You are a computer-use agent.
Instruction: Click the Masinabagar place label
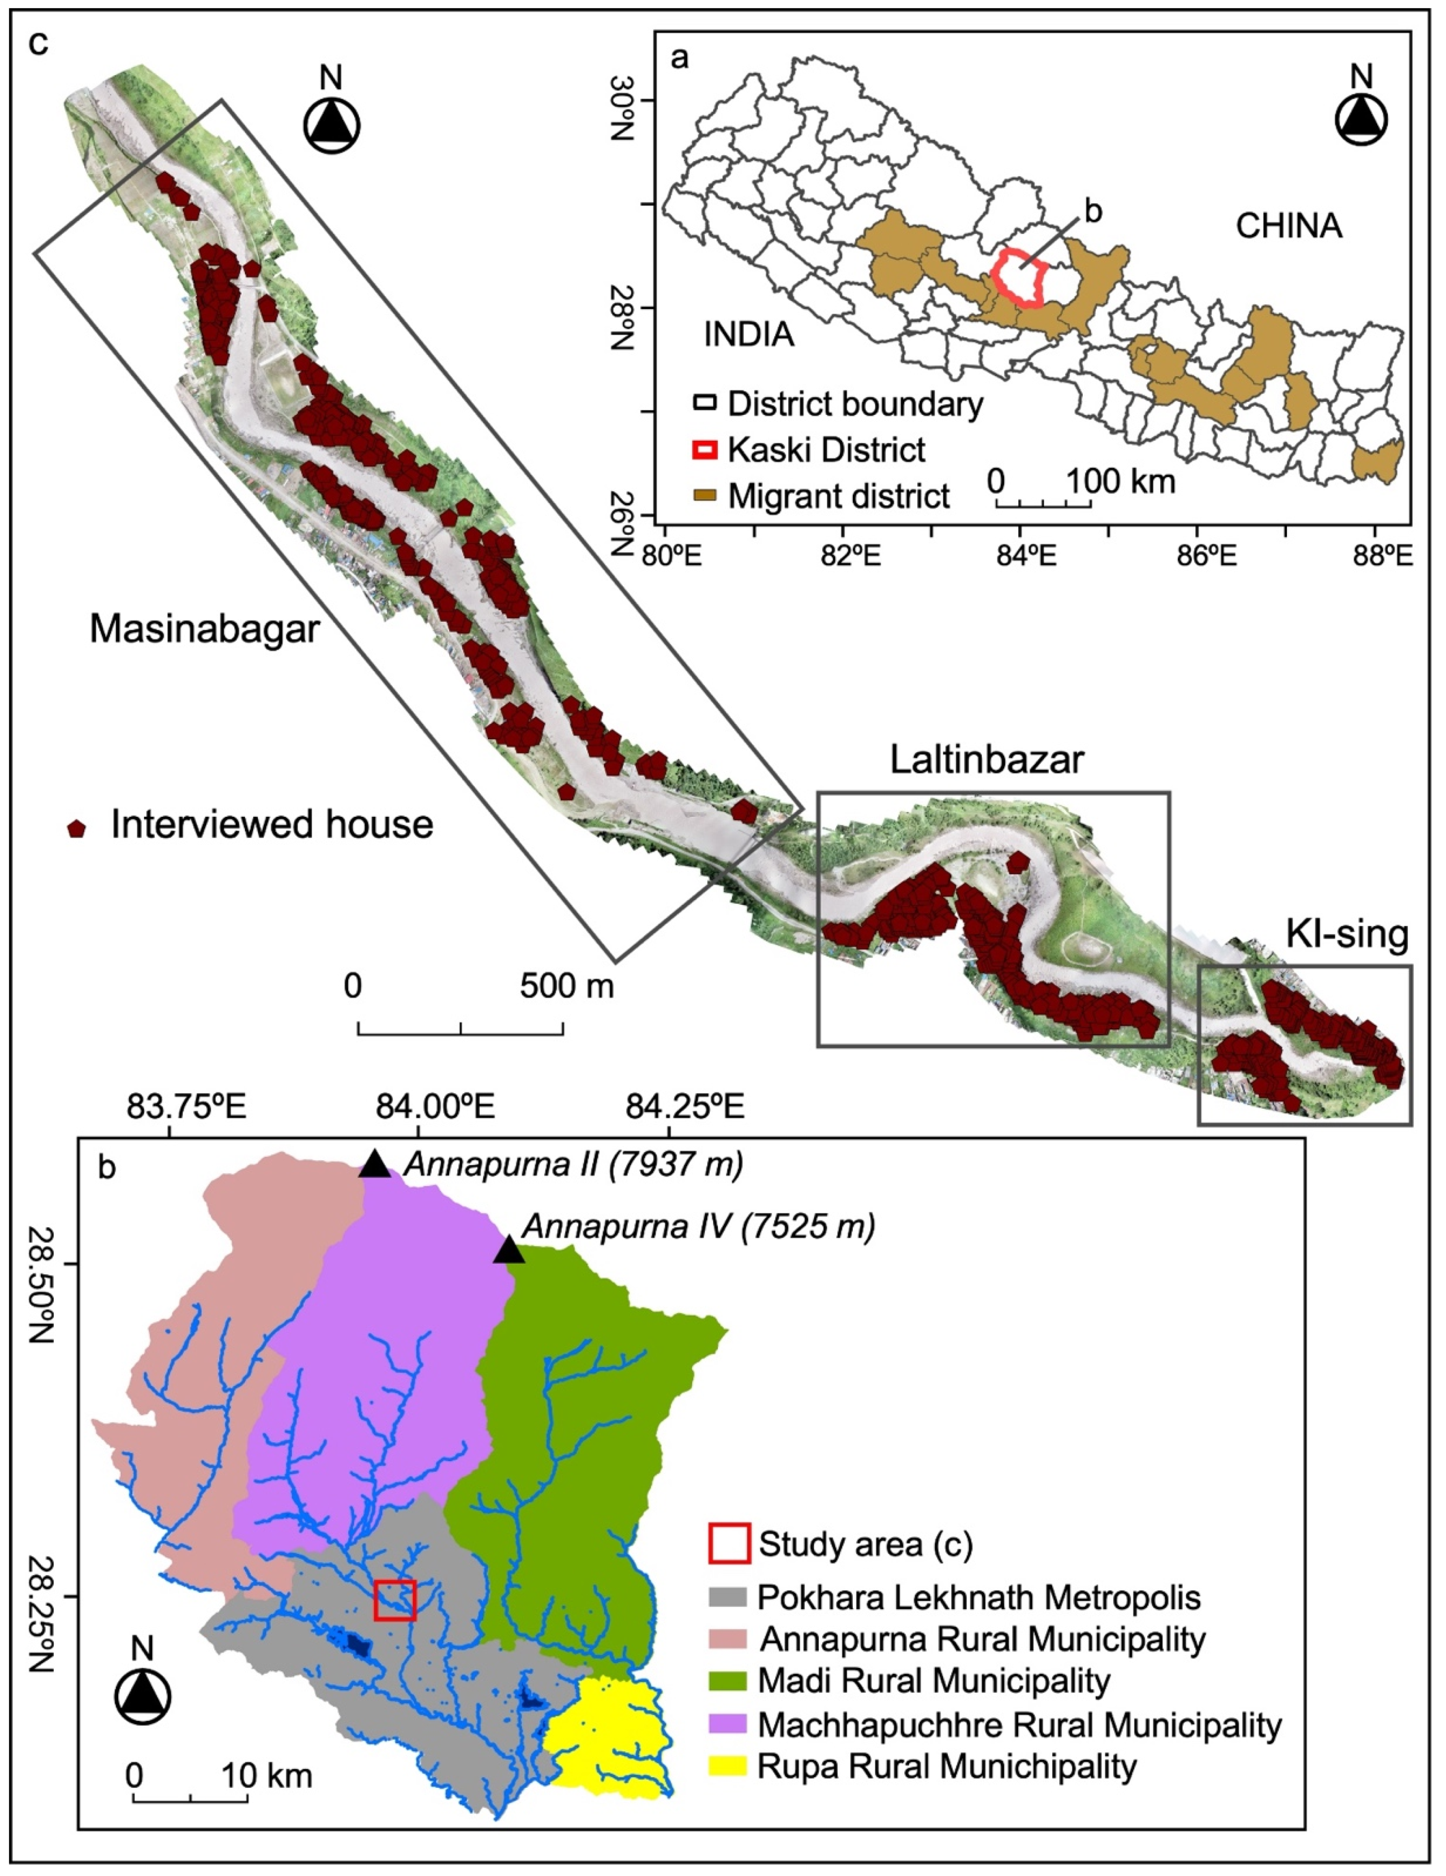pos(204,630)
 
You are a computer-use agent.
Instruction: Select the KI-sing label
pos(1347,934)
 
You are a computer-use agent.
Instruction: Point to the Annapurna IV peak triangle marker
pos(508,1250)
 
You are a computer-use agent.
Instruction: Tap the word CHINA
pos(1288,226)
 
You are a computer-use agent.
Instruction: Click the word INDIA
pos(749,334)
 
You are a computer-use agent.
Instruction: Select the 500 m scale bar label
pos(567,986)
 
